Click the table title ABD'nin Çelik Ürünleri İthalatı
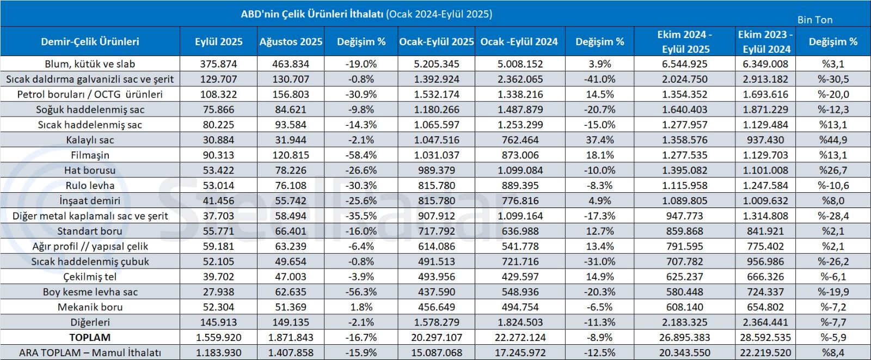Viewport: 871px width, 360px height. (366, 14)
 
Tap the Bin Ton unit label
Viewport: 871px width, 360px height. (814, 20)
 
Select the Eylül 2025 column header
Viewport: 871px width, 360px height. (218, 41)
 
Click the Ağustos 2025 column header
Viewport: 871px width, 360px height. (291, 41)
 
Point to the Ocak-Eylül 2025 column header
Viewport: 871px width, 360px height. (436, 41)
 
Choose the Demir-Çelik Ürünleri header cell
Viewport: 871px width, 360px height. (90, 41)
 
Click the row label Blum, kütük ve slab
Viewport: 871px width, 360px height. (90, 64)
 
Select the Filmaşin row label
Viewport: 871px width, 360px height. (90, 155)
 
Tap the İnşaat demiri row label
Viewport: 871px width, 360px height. (90, 201)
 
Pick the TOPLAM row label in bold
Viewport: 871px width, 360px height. (90, 338)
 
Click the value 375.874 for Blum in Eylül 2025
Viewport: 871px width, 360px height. (218, 64)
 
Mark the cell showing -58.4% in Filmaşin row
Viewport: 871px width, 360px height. (361, 155)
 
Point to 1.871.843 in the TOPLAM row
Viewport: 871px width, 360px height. (290, 338)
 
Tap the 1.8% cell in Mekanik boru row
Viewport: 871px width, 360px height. (361, 307)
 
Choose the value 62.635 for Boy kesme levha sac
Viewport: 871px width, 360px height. (290, 292)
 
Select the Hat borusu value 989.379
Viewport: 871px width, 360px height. (436, 170)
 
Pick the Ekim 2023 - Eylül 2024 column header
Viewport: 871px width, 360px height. (766, 41)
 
